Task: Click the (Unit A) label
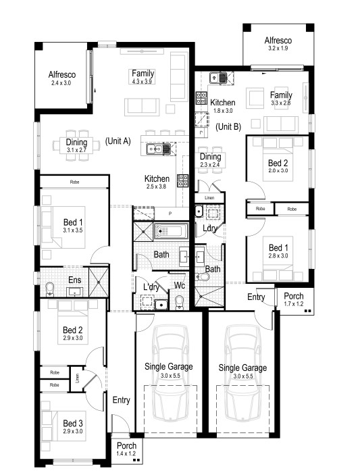click(118, 141)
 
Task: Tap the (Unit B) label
click(228, 127)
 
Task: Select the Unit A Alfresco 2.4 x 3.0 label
click(62, 78)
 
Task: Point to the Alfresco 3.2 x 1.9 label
click(278, 44)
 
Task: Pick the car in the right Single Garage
click(243, 372)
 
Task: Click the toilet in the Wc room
click(180, 302)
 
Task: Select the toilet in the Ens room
click(49, 290)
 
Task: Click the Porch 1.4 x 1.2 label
click(126, 449)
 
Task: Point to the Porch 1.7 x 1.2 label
click(294, 299)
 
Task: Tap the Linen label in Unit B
click(209, 198)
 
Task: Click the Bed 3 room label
click(73, 427)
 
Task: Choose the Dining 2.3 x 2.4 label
click(210, 160)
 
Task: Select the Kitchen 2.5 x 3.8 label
click(157, 182)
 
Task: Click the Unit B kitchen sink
click(218, 78)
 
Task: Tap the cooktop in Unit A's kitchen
click(183, 180)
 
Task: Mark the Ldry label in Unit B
click(210, 228)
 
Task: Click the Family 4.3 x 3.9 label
click(143, 76)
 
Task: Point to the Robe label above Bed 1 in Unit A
click(74, 182)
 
